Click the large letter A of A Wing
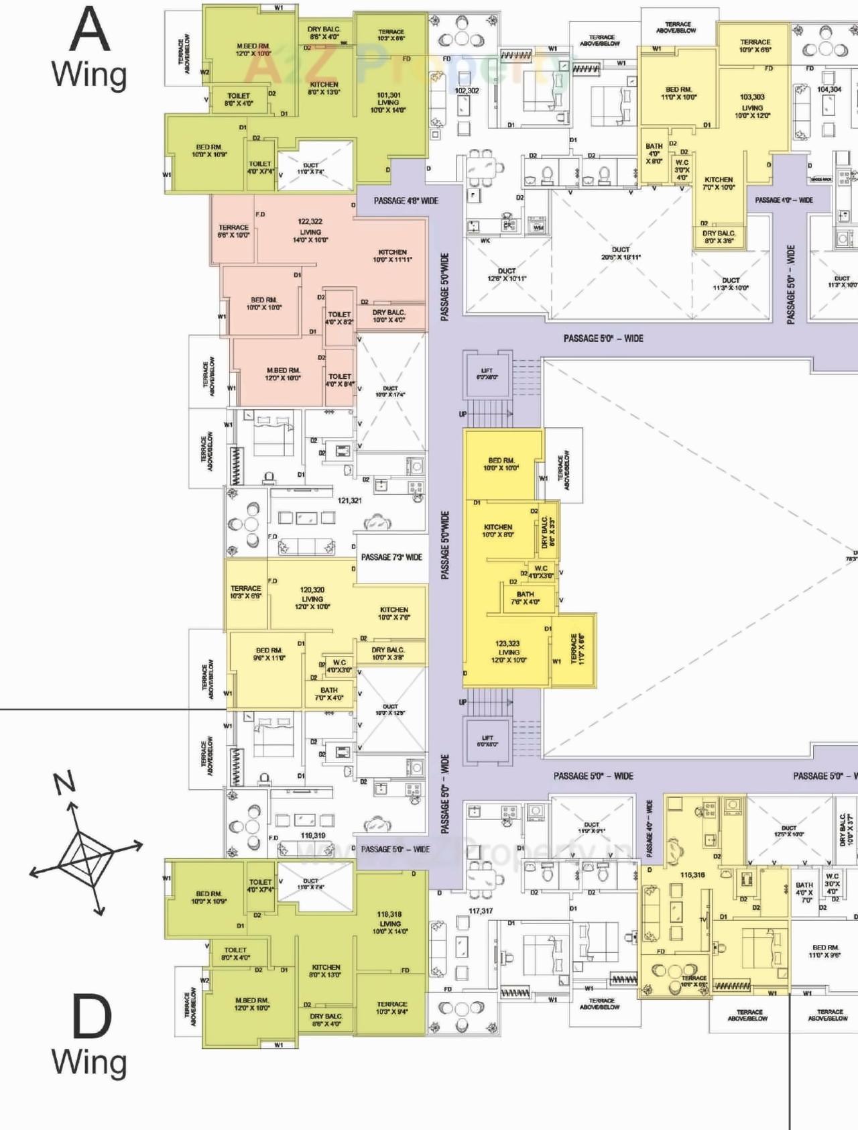click(x=90, y=30)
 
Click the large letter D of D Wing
click(x=91, y=1017)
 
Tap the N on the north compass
click(x=65, y=783)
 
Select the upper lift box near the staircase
click(x=487, y=374)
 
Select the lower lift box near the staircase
click(x=487, y=741)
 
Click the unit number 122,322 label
click(x=310, y=221)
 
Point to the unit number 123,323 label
click(x=507, y=643)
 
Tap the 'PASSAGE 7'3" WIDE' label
click(x=391, y=557)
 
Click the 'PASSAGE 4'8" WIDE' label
click(x=406, y=201)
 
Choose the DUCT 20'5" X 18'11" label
click(x=621, y=253)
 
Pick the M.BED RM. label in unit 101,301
click(x=253, y=50)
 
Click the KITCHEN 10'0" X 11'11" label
click(x=393, y=256)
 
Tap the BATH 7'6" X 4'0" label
click(x=526, y=598)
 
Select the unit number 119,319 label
click(x=313, y=835)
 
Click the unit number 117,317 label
click(x=481, y=911)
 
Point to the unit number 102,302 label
click(x=467, y=91)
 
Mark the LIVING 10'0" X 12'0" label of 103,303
click(x=752, y=111)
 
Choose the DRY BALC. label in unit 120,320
click(x=388, y=653)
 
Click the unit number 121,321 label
click(x=349, y=500)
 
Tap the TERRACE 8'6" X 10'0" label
click(x=233, y=231)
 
